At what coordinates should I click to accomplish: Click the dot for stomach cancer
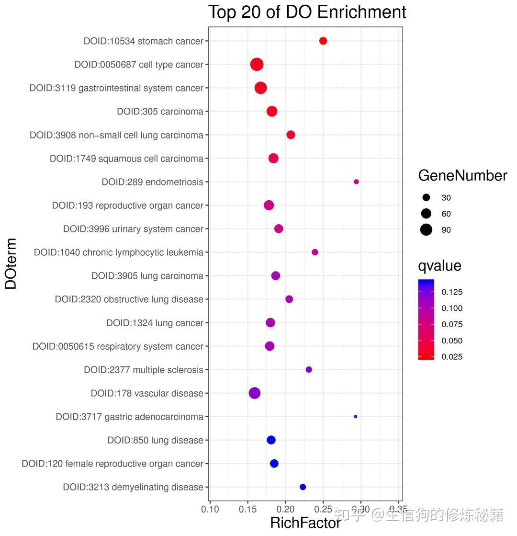(x=323, y=41)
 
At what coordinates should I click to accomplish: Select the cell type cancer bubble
(x=257, y=64)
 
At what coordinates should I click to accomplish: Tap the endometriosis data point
(x=356, y=182)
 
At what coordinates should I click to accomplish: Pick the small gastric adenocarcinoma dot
(x=355, y=416)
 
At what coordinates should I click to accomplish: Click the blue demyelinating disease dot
(x=303, y=487)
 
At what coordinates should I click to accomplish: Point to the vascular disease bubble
(x=254, y=393)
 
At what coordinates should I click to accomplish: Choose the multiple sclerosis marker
(x=309, y=369)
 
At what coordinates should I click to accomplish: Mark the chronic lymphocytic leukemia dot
(x=315, y=252)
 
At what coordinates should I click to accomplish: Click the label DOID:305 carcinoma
(x=160, y=112)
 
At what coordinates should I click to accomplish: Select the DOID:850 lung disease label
(x=155, y=440)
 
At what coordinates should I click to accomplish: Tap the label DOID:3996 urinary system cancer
(x=133, y=229)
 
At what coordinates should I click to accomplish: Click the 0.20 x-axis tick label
(x=285, y=509)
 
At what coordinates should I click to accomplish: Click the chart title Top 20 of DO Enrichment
(x=307, y=12)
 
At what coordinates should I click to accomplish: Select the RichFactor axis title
(x=305, y=523)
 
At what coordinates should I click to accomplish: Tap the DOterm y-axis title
(x=11, y=263)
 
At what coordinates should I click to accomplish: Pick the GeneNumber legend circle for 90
(x=426, y=230)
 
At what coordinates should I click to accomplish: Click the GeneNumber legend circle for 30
(x=426, y=197)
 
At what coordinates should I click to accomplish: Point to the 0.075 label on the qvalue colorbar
(x=452, y=324)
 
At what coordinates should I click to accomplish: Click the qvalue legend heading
(x=439, y=266)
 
